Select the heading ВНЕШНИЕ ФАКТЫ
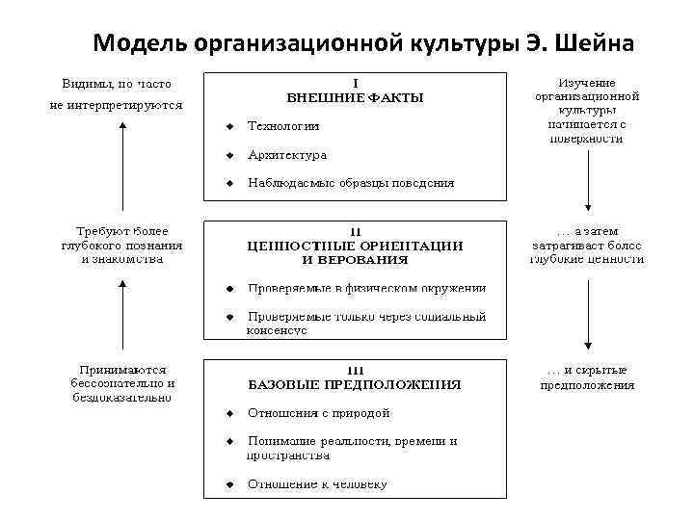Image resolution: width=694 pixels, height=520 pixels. point(355,97)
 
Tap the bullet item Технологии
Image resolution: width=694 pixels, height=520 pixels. point(283,126)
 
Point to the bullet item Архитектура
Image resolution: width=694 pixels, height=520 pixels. point(287,155)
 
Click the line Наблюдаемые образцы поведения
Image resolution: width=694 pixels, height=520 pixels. point(351,182)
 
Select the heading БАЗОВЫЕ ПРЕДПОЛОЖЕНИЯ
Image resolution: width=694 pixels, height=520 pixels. point(355,384)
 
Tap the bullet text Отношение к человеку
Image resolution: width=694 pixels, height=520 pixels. point(317,483)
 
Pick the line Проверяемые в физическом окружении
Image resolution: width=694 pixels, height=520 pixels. point(367,288)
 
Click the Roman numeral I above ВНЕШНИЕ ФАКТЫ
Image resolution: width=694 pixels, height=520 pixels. point(355,83)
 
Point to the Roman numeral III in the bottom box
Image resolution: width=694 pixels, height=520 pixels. point(355,370)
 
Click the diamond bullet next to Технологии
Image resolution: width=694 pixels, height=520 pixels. point(229,126)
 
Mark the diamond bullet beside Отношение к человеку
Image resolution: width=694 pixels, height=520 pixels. point(229,483)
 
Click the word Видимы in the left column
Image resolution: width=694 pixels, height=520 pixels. point(83,84)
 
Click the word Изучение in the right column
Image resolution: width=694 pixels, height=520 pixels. point(588,83)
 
